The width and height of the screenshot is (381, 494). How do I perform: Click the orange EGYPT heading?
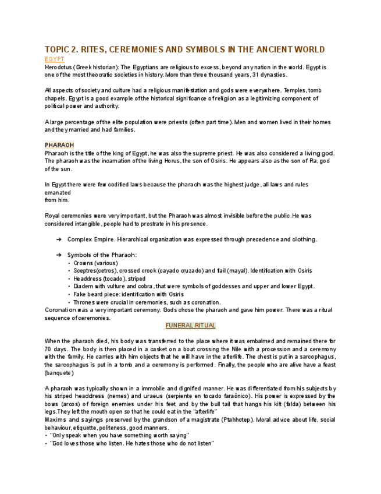54,59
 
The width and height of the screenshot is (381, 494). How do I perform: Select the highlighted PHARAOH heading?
59,145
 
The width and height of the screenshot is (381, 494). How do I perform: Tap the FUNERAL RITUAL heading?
190,326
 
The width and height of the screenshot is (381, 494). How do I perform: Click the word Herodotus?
59,68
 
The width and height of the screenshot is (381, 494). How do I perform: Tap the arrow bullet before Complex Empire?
59,239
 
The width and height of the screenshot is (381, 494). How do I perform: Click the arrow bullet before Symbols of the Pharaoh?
59,255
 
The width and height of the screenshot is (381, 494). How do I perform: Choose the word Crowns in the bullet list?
83,263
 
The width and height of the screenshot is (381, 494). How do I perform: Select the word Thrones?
85,302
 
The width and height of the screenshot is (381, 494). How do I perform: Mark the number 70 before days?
48,349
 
